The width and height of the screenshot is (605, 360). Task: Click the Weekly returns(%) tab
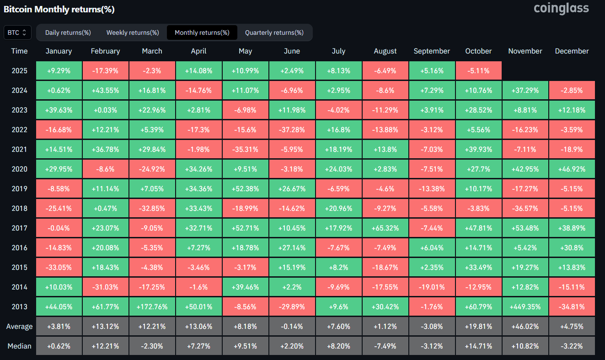click(133, 32)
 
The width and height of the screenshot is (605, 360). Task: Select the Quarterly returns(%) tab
click(274, 32)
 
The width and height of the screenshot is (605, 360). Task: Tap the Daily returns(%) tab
click(68, 32)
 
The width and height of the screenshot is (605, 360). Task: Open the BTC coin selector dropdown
click(18, 32)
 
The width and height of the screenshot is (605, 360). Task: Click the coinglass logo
click(562, 8)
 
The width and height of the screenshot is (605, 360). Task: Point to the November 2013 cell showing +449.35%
click(525, 306)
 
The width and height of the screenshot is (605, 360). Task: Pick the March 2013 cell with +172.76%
click(152, 306)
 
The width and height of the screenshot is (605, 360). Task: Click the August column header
click(385, 51)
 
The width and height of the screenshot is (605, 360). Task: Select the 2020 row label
click(20, 169)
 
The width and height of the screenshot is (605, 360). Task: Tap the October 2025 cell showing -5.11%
click(478, 71)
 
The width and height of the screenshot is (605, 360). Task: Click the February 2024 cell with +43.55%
click(105, 91)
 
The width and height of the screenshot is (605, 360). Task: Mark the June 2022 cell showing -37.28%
click(292, 129)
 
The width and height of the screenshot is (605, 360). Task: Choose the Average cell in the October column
click(478, 326)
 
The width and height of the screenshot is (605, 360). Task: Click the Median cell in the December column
click(572, 346)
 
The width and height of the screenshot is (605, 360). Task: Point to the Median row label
click(20, 346)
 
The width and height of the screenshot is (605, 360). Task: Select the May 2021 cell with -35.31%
click(245, 149)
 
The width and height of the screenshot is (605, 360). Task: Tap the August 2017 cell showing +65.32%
click(385, 228)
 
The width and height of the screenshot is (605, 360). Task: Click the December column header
click(572, 51)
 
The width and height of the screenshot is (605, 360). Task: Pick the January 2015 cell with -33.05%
click(59, 267)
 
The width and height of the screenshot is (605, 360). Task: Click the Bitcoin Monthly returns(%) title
click(59, 9)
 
